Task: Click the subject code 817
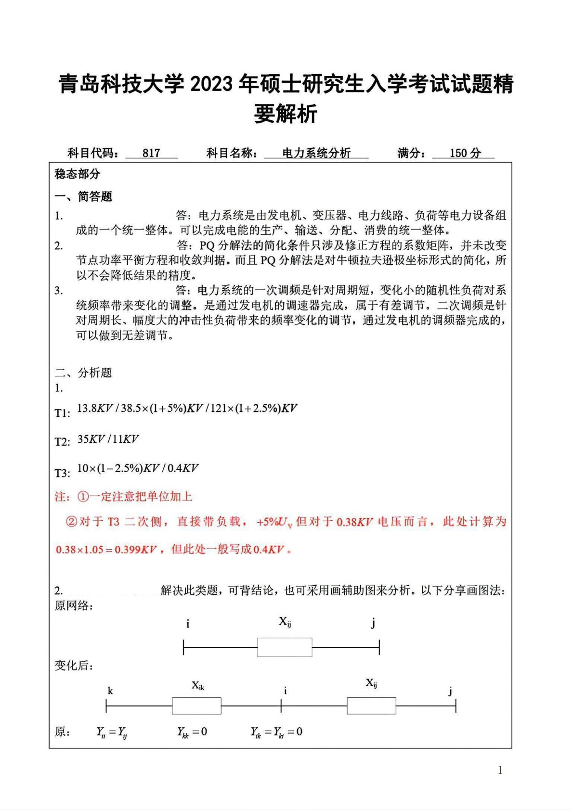point(151,153)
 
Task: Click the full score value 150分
point(465,153)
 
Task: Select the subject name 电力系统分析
point(316,153)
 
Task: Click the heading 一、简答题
point(83,196)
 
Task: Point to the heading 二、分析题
point(83,373)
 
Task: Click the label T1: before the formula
point(63,413)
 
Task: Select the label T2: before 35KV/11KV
point(63,442)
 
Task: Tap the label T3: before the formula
point(63,473)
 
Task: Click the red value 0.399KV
point(135,550)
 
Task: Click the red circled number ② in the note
point(71,522)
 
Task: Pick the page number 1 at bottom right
point(500,770)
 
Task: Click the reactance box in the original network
point(285,647)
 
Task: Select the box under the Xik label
point(196,706)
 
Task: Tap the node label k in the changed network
point(110,691)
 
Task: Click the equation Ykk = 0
point(192,732)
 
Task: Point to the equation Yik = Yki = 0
point(276,732)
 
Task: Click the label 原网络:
point(74,605)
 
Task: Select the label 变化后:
point(74,666)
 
